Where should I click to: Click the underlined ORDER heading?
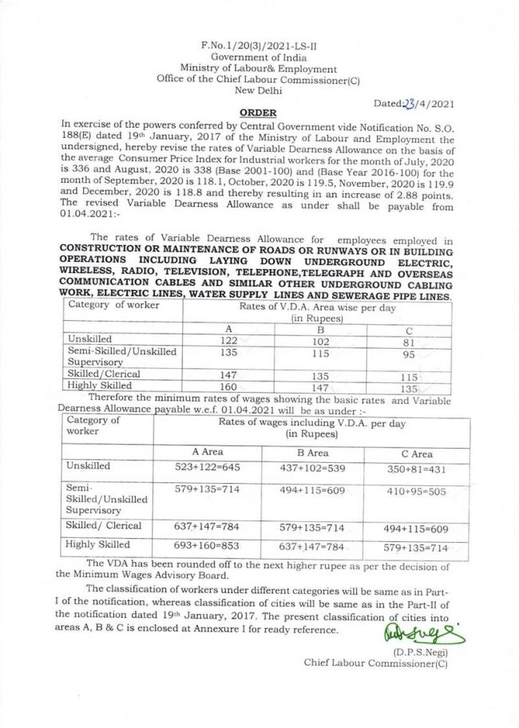[x=256, y=114]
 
